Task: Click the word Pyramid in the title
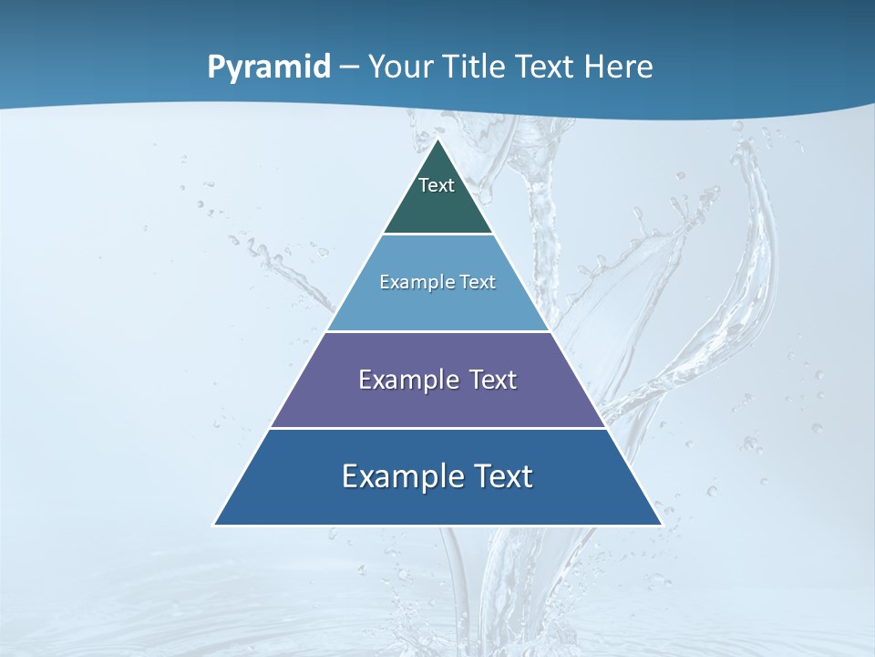point(268,68)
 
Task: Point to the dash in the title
point(349,68)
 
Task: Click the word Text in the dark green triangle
point(437,185)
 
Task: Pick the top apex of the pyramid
point(437,140)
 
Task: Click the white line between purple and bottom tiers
point(437,428)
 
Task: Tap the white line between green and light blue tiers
point(437,235)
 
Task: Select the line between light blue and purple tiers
point(437,331)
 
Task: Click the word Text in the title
point(541,68)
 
